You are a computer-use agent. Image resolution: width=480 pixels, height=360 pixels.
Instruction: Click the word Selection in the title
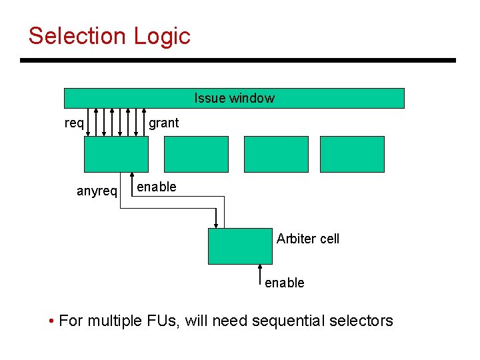pos(77,36)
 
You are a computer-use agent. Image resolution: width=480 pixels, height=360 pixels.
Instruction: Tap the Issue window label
pos(234,98)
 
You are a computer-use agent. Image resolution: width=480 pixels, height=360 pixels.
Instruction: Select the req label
pos(74,123)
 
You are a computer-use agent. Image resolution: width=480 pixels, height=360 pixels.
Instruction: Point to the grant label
pos(163,123)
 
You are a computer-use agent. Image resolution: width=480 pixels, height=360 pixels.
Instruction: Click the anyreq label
pos(97,191)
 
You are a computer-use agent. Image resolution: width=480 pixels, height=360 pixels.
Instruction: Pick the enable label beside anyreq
pos(157,187)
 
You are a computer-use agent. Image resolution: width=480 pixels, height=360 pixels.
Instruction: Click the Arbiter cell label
pos(307,239)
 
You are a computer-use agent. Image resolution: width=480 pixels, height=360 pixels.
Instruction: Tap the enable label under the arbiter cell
pos(285,283)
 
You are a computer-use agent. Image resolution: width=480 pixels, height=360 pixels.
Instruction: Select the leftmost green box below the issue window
pos(116,154)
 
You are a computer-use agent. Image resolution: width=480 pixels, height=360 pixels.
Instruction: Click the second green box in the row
pos(196,154)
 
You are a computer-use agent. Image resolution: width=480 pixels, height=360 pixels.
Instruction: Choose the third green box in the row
pos(276,154)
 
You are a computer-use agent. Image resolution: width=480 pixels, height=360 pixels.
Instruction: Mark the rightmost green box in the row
pos(352,154)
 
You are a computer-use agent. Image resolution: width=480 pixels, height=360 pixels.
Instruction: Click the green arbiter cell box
pos(240,246)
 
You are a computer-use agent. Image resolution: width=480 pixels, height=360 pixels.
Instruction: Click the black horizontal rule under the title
pos(238,61)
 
